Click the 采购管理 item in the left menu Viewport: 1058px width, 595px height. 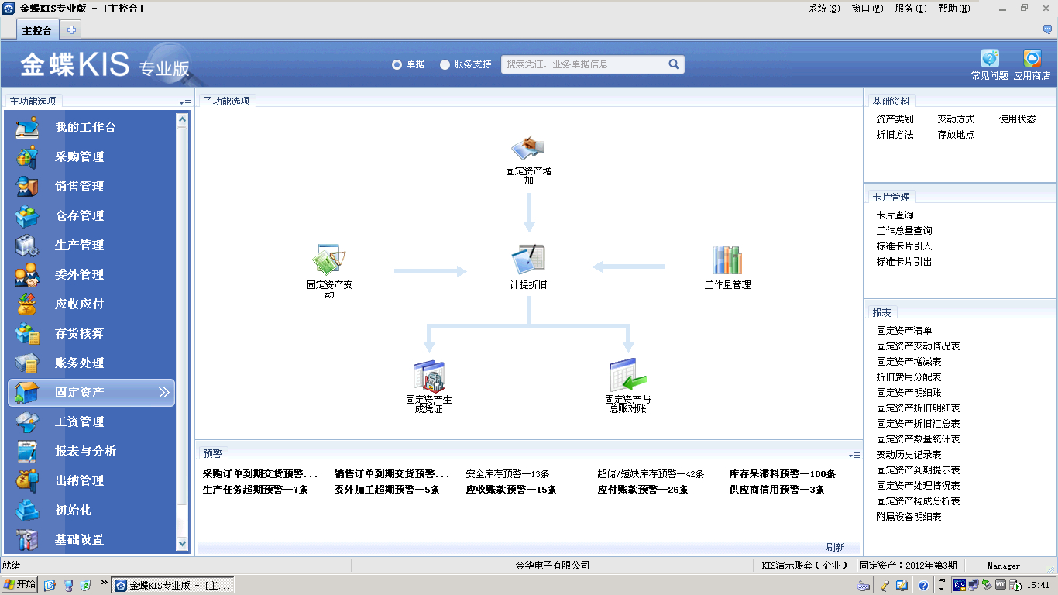click(x=79, y=157)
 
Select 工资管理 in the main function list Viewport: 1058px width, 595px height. click(x=79, y=421)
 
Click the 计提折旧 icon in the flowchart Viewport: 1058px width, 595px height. click(x=528, y=259)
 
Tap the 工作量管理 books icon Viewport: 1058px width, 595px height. click(x=727, y=260)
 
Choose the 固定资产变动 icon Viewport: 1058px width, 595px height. click(x=329, y=259)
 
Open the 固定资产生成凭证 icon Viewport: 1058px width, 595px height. click(x=429, y=377)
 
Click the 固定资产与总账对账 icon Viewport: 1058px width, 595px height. click(x=628, y=375)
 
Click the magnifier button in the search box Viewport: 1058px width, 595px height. click(x=674, y=64)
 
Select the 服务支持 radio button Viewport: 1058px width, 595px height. click(x=445, y=65)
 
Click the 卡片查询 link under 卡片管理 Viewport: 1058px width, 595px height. click(x=895, y=215)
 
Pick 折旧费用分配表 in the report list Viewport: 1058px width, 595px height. click(x=909, y=377)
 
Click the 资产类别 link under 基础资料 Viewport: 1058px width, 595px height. click(x=895, y=119)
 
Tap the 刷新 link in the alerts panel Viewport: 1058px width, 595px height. click(x=835, y=547)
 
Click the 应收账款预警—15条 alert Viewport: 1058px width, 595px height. click(x=511, y=490)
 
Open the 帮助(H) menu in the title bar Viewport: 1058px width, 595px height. click(x=954, y=9)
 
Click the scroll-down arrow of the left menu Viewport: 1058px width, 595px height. click(x=182, y=544)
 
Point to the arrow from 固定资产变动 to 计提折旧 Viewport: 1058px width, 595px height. click(x=431, y=271)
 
